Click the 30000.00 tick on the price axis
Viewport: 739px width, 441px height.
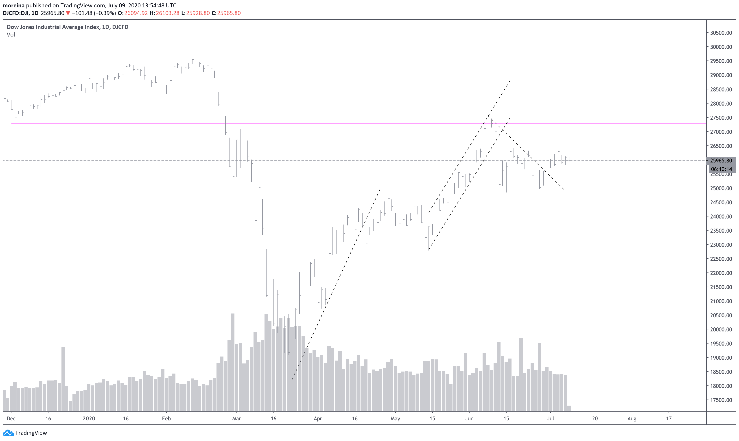(x=721, y=47)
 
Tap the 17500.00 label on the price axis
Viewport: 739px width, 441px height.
(x=721, y=400)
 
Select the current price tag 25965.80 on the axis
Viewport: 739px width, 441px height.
(x=721, y=161)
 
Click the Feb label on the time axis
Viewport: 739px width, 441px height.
(x=166, y=419)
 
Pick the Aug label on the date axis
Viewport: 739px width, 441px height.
(x=632, y=419)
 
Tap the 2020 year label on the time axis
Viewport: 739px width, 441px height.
(x=89, y=419)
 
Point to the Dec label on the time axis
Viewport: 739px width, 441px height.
(x=11, y=419)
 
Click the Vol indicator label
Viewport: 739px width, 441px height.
(x=11, y=35)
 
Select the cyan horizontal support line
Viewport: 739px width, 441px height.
(x=413, y=247)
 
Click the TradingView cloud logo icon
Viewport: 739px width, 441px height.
(x=8, y=433)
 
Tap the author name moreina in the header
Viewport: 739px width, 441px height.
(x=14, y=5)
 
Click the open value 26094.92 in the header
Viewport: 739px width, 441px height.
(x=136, y=13)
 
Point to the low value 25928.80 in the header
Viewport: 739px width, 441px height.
(x=198, y=13)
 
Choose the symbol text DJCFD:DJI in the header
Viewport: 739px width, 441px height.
(x=16, y=13)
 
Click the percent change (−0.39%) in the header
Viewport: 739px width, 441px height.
(x=104, y=13)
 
